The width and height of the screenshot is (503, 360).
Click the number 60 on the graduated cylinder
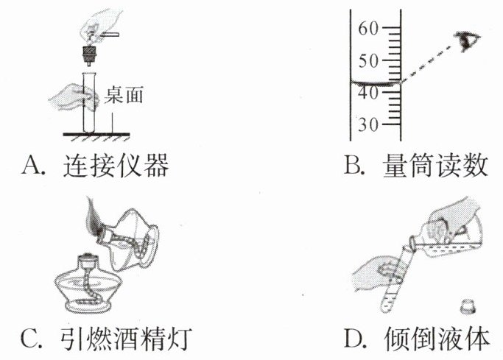coord(367,29)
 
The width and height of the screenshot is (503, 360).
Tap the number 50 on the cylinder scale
coord(367,60)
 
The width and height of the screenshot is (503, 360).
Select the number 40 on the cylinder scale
coord(367,93)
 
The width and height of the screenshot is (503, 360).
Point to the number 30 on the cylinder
coord(367,124)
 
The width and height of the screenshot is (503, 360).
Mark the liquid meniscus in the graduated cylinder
coord(376,84)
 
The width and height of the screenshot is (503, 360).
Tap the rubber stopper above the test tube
coord(90,55)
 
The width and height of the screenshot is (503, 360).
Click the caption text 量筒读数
coord(435,166)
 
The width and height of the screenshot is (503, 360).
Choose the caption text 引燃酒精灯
coord(133,340)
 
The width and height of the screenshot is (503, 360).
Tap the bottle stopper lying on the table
coord(466,305)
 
